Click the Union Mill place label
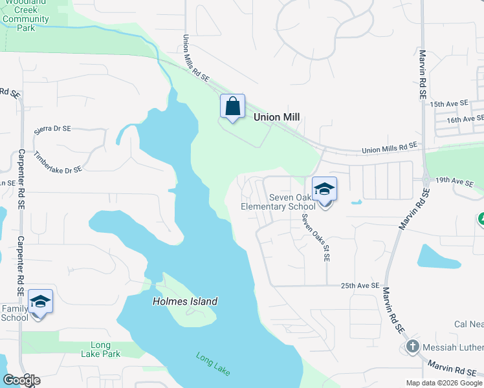tap(276, 117)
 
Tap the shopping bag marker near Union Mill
tap(233, 107)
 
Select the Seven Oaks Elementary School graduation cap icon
tap(325, 189)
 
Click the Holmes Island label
tap(185, 301)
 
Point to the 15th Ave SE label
tap(448, 103)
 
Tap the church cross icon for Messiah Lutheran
tap(412, 347)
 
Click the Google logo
tap(21, 380)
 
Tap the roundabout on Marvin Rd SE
tap(426, 180)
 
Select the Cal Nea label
tap(468, 324)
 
